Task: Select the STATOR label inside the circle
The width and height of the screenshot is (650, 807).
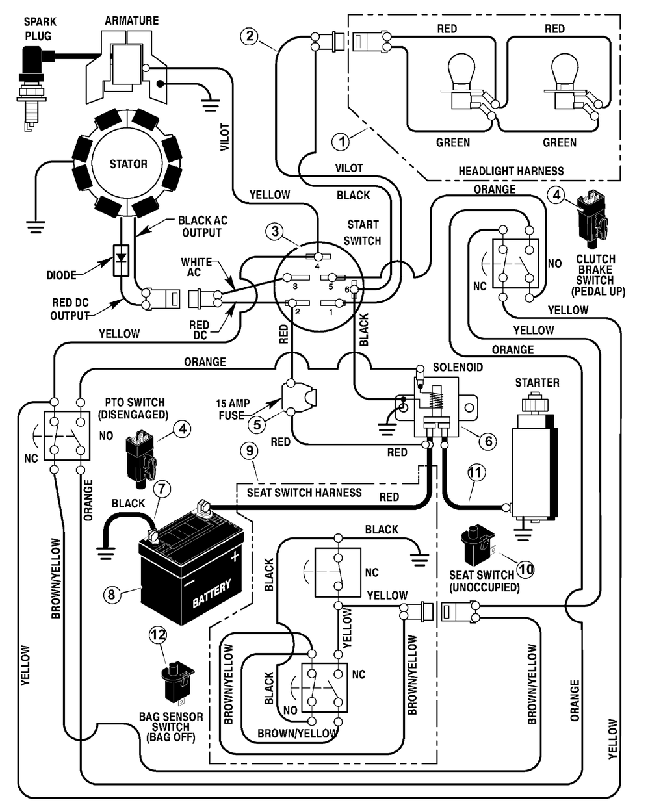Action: [x=128, y=164]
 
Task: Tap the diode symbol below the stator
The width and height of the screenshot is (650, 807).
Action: [x=121, y=261]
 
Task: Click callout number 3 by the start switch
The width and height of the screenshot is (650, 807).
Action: [x=276, y=231]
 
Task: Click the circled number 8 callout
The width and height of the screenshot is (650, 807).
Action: [x=112, y=595]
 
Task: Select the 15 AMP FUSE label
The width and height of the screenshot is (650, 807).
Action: [x=233, y=409]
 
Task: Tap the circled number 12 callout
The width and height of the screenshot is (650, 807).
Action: [x=158, y=645]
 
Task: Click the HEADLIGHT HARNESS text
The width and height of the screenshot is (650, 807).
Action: [x=511, y=171]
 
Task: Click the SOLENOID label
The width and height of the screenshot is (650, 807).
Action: [x=458, y=366]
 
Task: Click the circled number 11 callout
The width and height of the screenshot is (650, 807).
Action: [x=476, y=473]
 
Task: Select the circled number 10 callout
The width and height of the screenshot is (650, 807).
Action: [x=526, y=569]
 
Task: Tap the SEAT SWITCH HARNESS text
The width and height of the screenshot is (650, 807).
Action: [x=304, y=493]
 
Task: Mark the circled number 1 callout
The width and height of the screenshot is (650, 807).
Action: [x=341, y=142]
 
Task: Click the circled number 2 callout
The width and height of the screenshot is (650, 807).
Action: [x=250, y=36]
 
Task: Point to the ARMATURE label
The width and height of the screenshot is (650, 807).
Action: [x=132, y=21]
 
